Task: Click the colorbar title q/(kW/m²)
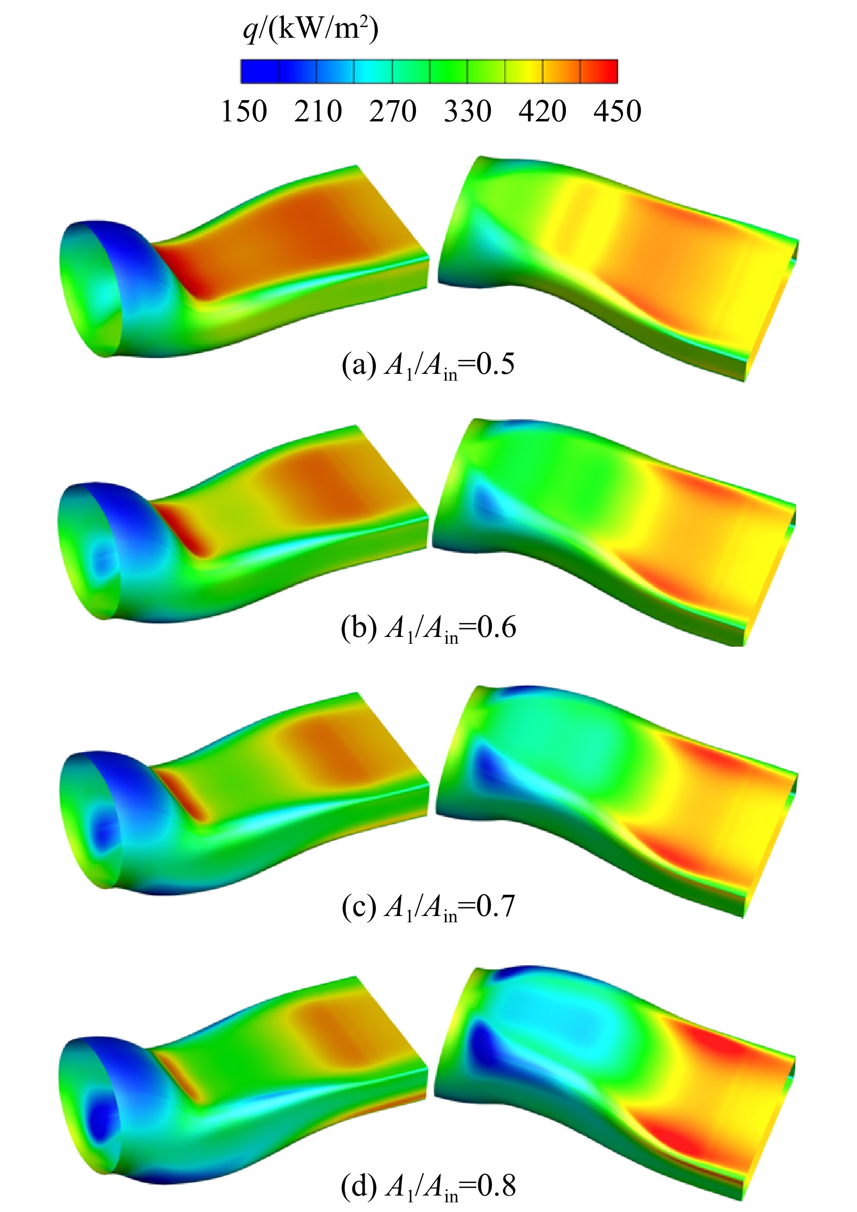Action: (311, 29)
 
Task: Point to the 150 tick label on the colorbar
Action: (244, 111)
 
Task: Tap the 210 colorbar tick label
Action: (318, 111)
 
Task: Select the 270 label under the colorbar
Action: (393, 111)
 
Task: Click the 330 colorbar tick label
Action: (468, 111)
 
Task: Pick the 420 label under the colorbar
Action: (543, 111)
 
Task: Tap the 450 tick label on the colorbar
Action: (618, 111)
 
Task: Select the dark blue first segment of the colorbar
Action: (260, 71)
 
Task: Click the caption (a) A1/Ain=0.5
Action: (428, 365)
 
